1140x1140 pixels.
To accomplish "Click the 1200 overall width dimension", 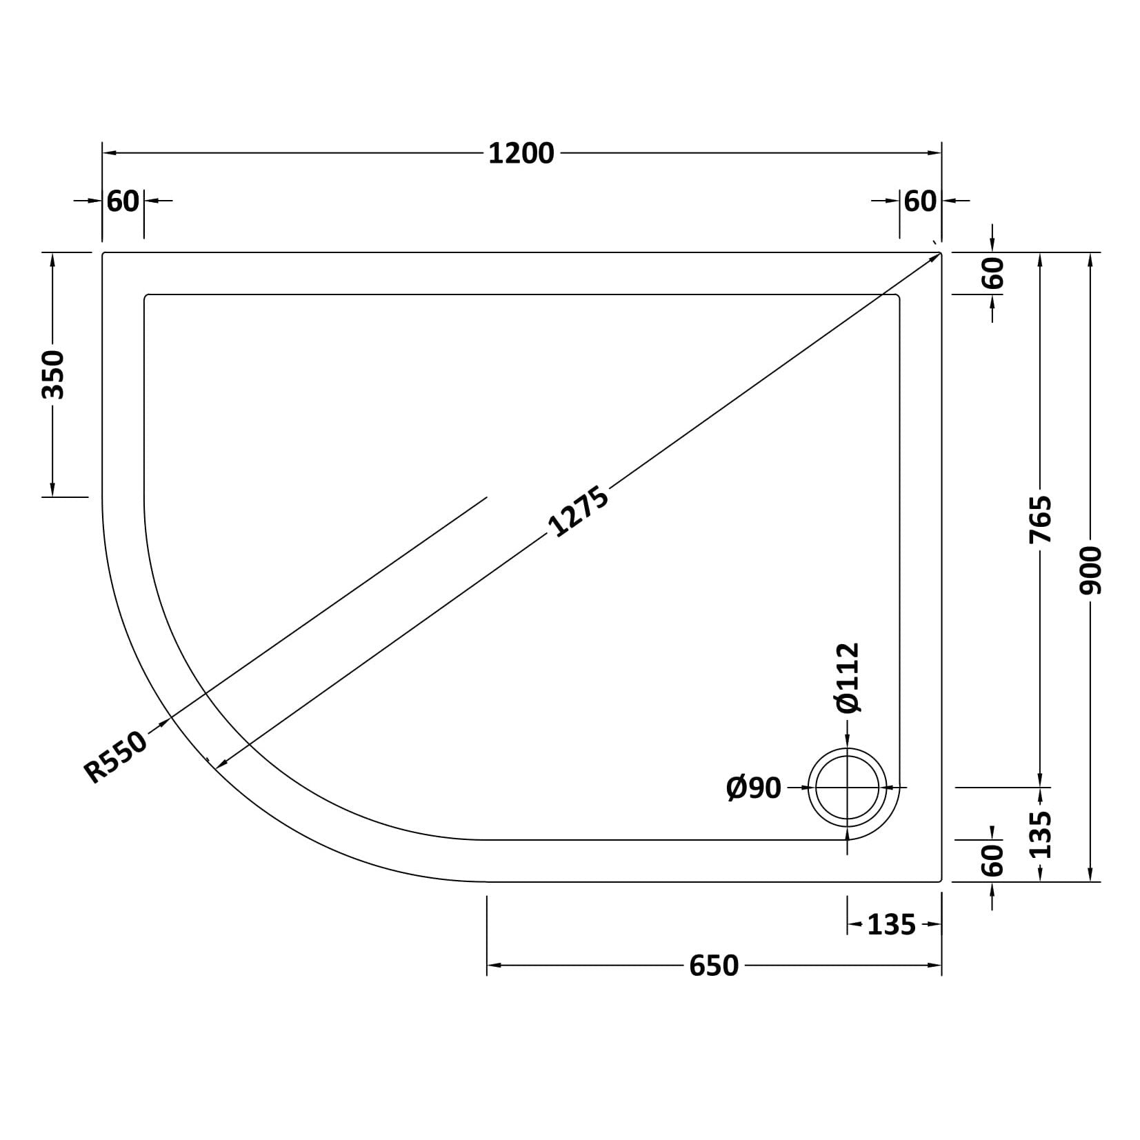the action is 521,154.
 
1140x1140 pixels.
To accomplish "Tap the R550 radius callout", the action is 116,757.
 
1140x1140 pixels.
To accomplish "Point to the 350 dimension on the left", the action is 53,374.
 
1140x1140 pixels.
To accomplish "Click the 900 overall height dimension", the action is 1091,570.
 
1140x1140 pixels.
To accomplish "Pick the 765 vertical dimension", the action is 1041,519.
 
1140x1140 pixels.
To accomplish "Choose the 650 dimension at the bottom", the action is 714,966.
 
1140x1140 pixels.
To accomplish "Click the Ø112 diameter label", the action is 848,677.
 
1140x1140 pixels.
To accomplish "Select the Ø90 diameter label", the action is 754,787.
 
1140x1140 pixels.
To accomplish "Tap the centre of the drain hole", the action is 848,787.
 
